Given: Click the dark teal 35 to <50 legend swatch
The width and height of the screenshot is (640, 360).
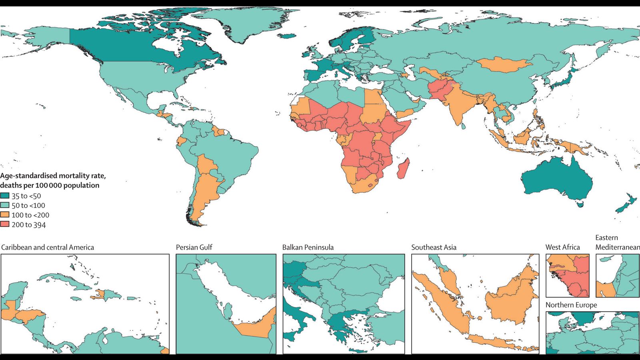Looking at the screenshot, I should (x=5, y=196).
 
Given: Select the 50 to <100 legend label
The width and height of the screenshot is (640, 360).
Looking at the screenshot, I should (x=28, y=206).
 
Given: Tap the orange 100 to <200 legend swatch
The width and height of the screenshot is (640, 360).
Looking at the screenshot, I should (x=5, y=215).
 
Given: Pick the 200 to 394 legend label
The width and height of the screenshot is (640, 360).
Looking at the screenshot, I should (x=28, y=225).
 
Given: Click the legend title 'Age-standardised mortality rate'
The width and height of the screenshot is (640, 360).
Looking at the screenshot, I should (x=53, y=176).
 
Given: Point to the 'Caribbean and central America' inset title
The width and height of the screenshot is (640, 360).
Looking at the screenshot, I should (x=48, y=247).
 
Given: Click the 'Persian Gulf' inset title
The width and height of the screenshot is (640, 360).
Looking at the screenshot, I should (x=194, y=247).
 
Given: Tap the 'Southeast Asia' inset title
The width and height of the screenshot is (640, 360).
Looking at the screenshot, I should (x=434, y=247).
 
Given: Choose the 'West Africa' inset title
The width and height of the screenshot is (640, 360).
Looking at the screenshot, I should (x=562, y=247).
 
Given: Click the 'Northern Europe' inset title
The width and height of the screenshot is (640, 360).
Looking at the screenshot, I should (x=571, y=305).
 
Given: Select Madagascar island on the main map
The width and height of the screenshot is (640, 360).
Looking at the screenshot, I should (x=403, y=169).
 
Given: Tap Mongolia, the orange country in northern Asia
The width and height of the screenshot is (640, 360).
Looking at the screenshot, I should (x=504, y=64).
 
